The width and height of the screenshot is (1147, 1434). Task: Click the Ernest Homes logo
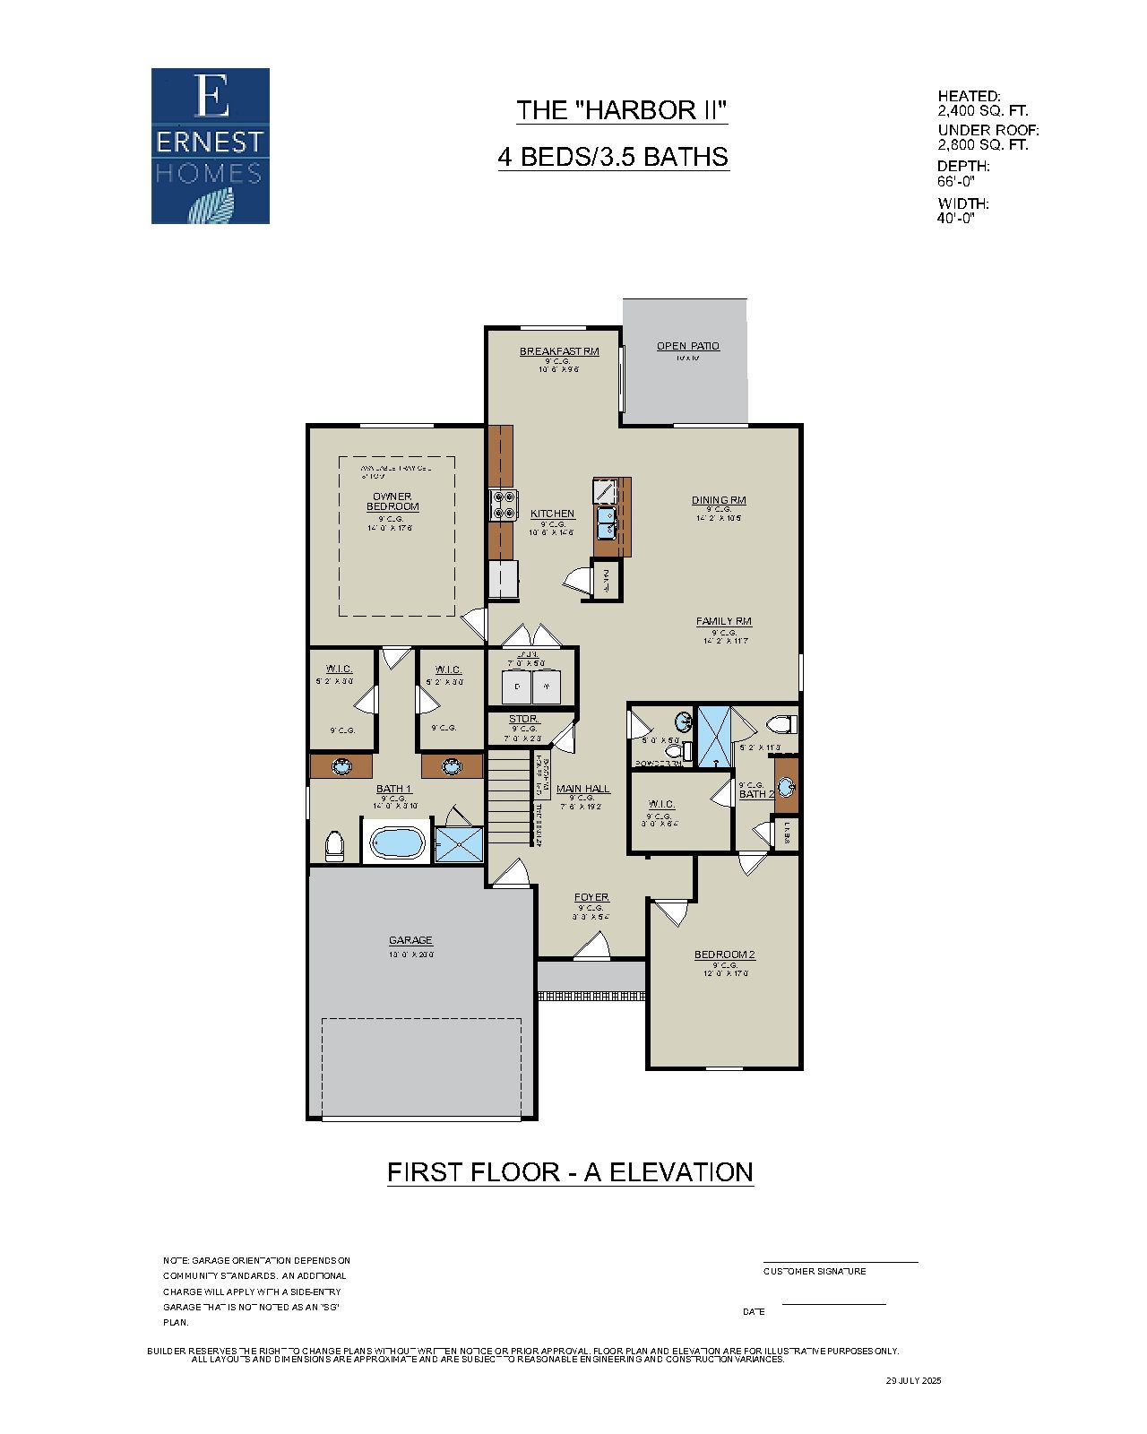click(x=210, y=146)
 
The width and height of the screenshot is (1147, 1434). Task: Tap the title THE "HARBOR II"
click(x=621, y=110)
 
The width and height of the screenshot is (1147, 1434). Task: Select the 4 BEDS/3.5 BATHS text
click(x=613, y=157)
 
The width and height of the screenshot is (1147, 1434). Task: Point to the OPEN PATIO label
click(x=687, y=346)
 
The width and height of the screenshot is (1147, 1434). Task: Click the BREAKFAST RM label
click(x=559, y=351)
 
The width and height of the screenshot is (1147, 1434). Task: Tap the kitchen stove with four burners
click(x=502, y=505)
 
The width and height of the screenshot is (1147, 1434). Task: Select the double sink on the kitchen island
click(x=606, y=521)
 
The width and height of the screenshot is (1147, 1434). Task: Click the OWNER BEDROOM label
click(x=392, y=501)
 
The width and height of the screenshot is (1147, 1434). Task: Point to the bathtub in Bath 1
click(x=397, y=842)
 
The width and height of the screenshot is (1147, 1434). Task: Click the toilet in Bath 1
click(x=334, y=844)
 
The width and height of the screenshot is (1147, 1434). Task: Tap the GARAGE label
click(x=410, y=940)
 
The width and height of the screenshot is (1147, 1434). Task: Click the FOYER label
click(x=591, y=897)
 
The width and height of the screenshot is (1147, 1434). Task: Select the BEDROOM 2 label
click(x=725, y=955)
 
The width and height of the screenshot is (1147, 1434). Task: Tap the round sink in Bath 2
click(x=786, y=787)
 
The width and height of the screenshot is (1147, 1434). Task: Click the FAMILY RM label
click(x=724, y=621)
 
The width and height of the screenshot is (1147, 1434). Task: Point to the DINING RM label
click(x=719, y=500)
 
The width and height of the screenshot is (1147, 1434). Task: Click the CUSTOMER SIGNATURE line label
click(x=815, y=1271)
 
